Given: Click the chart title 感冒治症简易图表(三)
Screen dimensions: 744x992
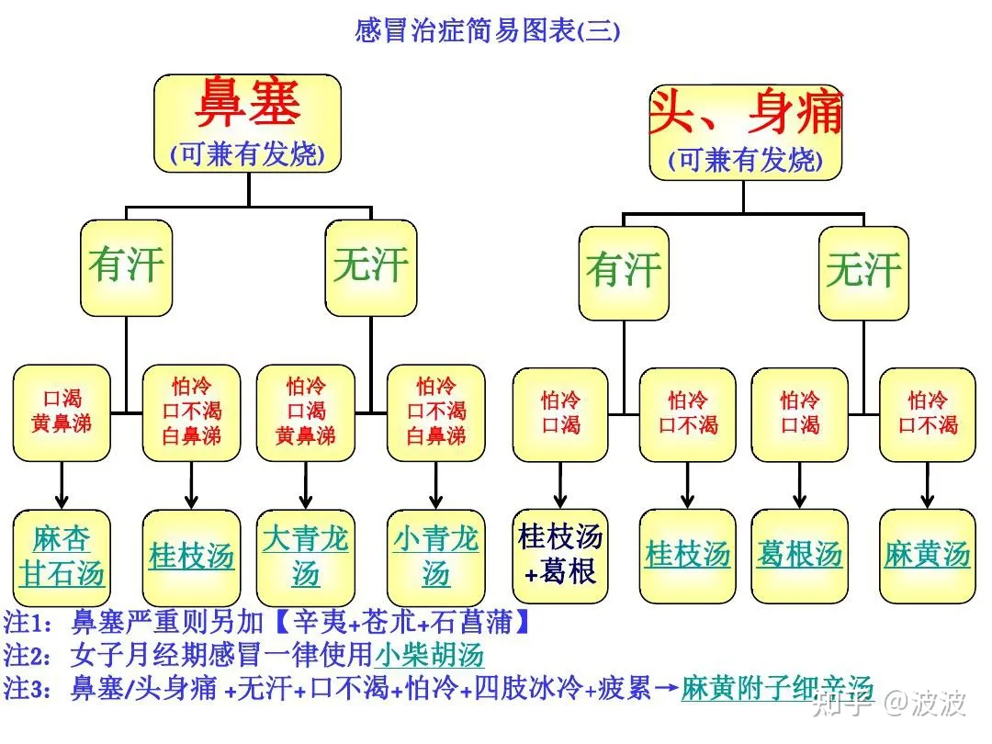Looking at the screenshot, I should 487,31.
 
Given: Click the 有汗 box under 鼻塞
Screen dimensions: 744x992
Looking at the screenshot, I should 127,266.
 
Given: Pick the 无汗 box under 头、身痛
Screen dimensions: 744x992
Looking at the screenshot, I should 863,272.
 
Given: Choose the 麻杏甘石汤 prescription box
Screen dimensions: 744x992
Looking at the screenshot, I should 62,557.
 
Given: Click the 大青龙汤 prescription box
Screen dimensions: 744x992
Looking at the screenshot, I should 306,557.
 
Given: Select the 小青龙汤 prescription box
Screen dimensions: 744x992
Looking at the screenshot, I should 436,557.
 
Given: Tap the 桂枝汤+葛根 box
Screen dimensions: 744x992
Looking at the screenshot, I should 560,556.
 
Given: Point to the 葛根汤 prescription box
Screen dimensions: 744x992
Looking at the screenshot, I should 800,555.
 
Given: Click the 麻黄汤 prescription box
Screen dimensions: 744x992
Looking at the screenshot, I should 928,555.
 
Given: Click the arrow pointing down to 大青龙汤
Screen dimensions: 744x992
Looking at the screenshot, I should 306,485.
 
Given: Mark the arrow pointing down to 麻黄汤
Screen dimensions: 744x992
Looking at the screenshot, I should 928,485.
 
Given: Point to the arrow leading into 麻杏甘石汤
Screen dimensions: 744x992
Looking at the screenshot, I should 62,485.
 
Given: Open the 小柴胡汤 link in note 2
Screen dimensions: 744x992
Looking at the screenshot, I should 429,656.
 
